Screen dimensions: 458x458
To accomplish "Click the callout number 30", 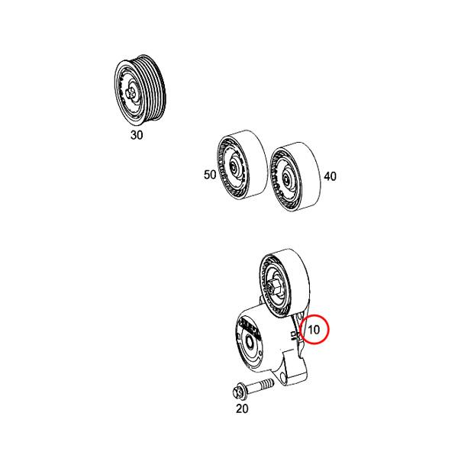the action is [137, 135].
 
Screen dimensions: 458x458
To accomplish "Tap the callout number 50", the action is [210, 175].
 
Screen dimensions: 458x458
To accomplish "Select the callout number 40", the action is [330, 176].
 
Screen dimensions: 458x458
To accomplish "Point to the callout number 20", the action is [242, 408].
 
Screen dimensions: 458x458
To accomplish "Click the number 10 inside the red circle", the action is [314, 330].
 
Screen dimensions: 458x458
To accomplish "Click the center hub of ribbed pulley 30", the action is [131, 94].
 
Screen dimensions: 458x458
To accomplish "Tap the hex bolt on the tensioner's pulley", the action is [276, 286].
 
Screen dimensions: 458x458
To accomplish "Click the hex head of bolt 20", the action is [238, 392].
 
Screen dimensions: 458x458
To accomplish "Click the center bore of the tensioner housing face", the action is [250, 342].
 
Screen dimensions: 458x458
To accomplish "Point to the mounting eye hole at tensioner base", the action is [282, 377].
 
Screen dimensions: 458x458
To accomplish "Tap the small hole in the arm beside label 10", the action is [298, 316].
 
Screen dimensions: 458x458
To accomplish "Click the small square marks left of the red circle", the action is [294, 336].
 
